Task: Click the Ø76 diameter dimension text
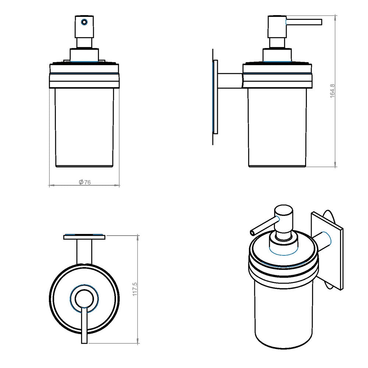click(x=85, y=182)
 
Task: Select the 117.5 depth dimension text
click(x=135, y=289)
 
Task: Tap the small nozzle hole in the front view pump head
click(x=84, y=22)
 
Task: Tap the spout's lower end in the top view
click(x=84, y=340)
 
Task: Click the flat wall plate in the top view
click(x=84, y=237)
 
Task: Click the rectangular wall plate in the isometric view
click(x=328, y=250)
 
